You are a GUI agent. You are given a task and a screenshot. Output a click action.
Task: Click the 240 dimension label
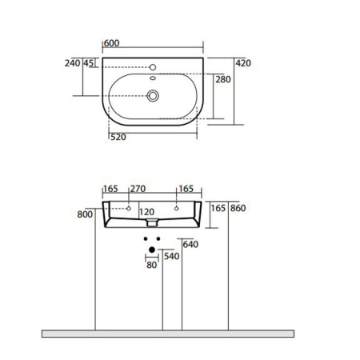coord(72,63)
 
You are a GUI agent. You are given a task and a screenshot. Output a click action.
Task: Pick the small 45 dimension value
coord(89,63)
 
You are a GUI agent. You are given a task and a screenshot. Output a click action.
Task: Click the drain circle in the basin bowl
coord(153,96)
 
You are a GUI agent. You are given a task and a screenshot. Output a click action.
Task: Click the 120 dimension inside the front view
coord(146,213)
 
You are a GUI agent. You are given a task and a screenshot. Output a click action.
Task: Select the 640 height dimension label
coord(190,245)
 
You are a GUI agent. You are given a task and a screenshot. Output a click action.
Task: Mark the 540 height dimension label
coord(170,258)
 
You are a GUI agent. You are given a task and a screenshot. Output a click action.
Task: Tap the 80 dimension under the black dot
coord(151,266)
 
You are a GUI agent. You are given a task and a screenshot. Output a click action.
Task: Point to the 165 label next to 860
coord(218,209)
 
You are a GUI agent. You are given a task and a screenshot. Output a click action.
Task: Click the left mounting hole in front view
coord(129,207)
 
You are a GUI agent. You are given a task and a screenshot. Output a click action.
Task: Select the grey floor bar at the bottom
coord(168,333)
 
